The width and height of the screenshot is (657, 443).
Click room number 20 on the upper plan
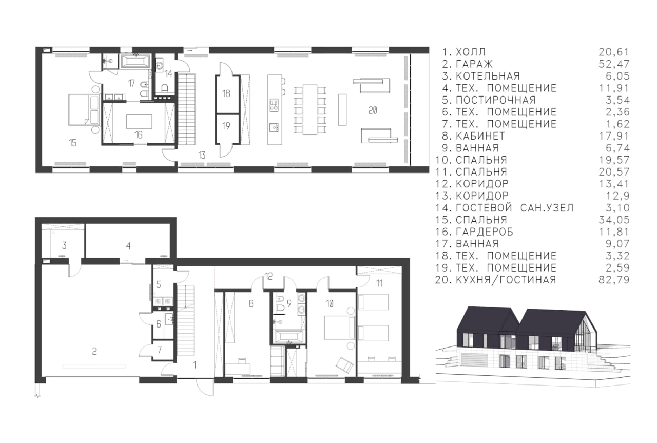point(373,110)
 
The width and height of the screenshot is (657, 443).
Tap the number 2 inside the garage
point(94,351)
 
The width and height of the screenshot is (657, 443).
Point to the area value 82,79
point(614,280)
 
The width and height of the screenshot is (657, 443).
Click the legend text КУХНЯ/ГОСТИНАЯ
point(506,280)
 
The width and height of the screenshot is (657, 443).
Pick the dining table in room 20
point(310,109)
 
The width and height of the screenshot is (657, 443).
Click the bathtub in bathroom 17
point(135,62)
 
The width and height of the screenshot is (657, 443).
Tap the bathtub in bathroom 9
point(289,337)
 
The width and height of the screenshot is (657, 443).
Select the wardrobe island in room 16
point(139,122)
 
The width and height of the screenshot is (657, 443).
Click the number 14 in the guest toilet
point(168,73)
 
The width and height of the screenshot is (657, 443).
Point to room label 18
point(226,93)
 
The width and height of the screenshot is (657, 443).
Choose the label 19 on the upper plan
point(226,126)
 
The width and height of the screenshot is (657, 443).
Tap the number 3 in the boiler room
point(64,245)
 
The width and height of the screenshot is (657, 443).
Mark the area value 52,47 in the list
point(614,64)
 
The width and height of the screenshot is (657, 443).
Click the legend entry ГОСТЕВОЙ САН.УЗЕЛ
point(515,208)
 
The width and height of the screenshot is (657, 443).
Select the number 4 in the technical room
point(128,246)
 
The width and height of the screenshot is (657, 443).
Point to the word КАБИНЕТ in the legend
point(480,136)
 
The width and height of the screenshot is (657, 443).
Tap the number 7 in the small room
point(160,350)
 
